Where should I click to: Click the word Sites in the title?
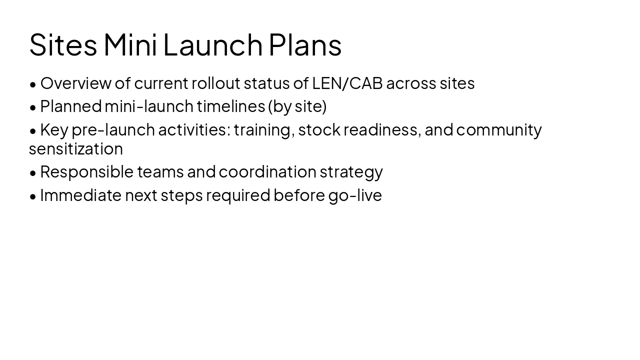point(63,44)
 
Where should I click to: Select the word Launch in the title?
point(212,44)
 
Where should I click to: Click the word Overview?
point(75,83)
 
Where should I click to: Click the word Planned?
point(70,106)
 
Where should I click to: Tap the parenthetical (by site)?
point(297,106)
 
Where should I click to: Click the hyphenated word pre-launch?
point(113,129)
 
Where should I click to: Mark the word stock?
point(319,129)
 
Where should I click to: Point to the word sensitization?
point(75,148)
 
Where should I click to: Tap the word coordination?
point(267,171)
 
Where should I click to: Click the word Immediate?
point(80,195)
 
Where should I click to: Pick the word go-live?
point(355,195)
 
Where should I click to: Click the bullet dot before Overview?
point(33,84)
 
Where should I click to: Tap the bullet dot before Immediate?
point(33,196)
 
